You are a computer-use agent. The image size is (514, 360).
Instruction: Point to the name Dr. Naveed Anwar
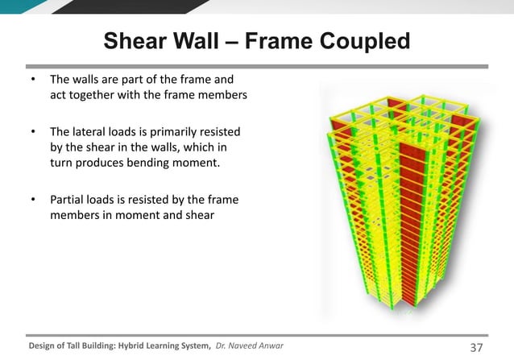[250, 346]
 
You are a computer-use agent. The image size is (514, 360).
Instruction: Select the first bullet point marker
[33, 81]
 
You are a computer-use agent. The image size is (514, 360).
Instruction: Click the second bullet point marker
[33, 131]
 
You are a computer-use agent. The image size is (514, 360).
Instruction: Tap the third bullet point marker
[33, 199]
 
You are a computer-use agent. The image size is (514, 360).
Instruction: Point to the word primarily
[188, 131]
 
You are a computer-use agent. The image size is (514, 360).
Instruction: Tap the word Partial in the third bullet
[68, 199]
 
